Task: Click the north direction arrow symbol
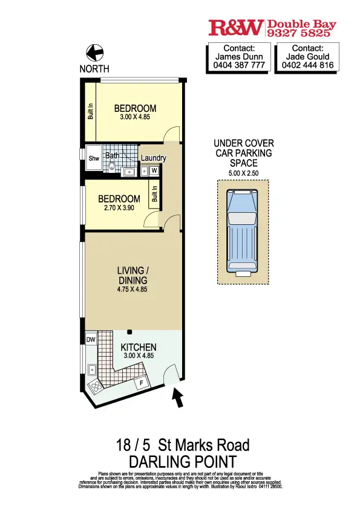94,53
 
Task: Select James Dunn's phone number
239,65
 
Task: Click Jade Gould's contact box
306,57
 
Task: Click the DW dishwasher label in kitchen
91,340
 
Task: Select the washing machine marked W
154,170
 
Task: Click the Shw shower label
94,158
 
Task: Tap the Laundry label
154,158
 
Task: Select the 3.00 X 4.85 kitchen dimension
139,356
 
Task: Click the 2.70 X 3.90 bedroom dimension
119,207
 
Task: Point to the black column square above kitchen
130,331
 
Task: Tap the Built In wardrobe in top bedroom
90,112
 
